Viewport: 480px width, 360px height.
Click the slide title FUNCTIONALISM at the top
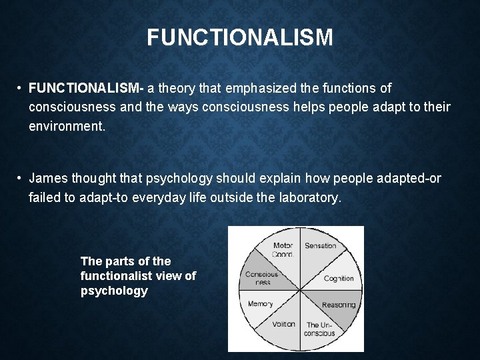pos(240,37)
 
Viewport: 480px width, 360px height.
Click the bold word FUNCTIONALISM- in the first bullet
pos(87,88)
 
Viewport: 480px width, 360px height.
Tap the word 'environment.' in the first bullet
pos(67,125)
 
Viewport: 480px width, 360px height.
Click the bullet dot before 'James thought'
pos(21,179)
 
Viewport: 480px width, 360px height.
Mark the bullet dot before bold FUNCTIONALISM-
pos(21,88)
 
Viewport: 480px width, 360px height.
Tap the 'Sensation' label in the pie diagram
pos(320,246)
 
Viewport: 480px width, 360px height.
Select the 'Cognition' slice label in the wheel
pos(338,279)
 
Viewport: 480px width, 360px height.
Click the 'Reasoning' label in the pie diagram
pos(338,305)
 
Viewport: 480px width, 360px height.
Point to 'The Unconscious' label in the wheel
pos(319,329)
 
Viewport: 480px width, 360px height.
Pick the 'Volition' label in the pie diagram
pos(284,325)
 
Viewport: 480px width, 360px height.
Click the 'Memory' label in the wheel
pos(260,304)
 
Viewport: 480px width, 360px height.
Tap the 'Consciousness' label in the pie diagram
pos(261,278)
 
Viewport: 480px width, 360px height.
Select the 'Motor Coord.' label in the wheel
pos(283,249)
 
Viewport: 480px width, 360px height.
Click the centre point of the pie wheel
pos(301,290)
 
